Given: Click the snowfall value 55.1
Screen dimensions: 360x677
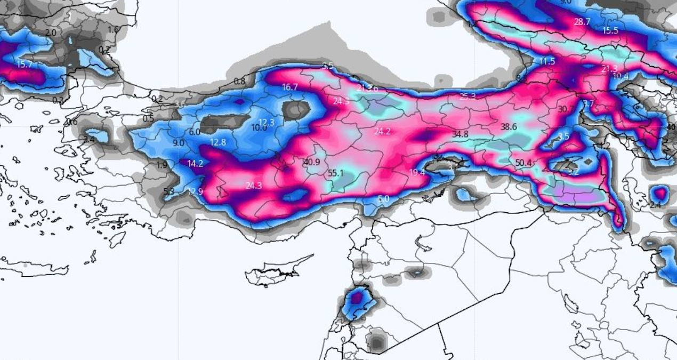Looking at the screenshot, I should point(335,173).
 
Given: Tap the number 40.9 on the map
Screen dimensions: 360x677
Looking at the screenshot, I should point(311,162).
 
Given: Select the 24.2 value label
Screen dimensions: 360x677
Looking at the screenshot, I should point(382,131).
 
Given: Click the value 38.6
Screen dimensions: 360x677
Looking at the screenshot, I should point(509,127).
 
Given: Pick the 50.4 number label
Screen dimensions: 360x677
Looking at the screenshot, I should point(524,162).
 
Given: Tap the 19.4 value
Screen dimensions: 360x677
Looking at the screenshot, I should point(417,172).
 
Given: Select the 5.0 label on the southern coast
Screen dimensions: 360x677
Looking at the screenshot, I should point(384,199).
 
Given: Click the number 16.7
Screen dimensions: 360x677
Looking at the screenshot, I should point(290,87).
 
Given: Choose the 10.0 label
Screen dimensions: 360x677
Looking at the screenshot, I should point(259,128).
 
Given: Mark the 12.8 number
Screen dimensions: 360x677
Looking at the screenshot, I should point(218,142).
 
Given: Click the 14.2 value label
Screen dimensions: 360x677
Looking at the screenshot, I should point(196,164).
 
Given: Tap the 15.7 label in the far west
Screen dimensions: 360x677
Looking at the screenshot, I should point(25,64).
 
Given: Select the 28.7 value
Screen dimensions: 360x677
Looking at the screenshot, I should point(582,22).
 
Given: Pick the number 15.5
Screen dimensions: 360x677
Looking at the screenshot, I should point(610,30).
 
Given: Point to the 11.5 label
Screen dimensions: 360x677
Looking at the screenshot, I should point(547,61).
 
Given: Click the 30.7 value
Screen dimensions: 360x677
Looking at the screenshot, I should point(566,109).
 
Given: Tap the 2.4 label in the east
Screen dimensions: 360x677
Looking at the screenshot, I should point(655,205).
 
